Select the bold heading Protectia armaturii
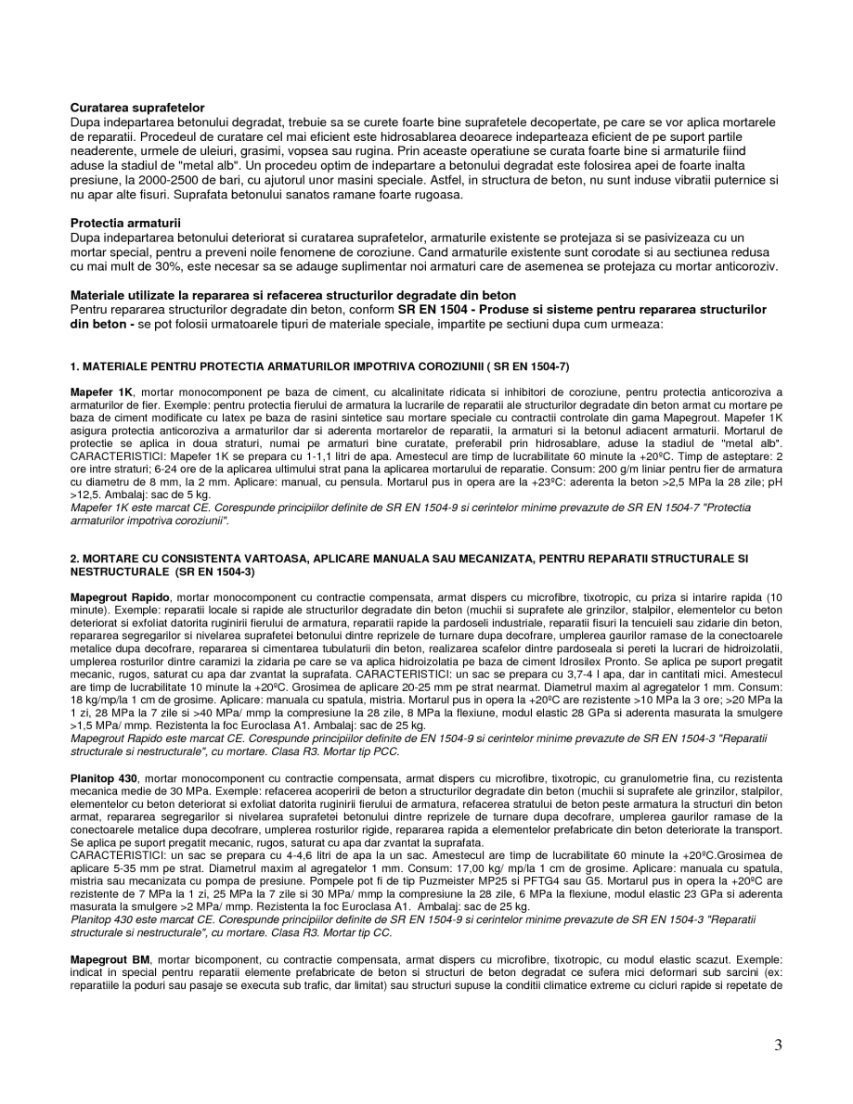pos(125,224)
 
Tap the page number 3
pos(778,1046)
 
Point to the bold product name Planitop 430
pos(104,776)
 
